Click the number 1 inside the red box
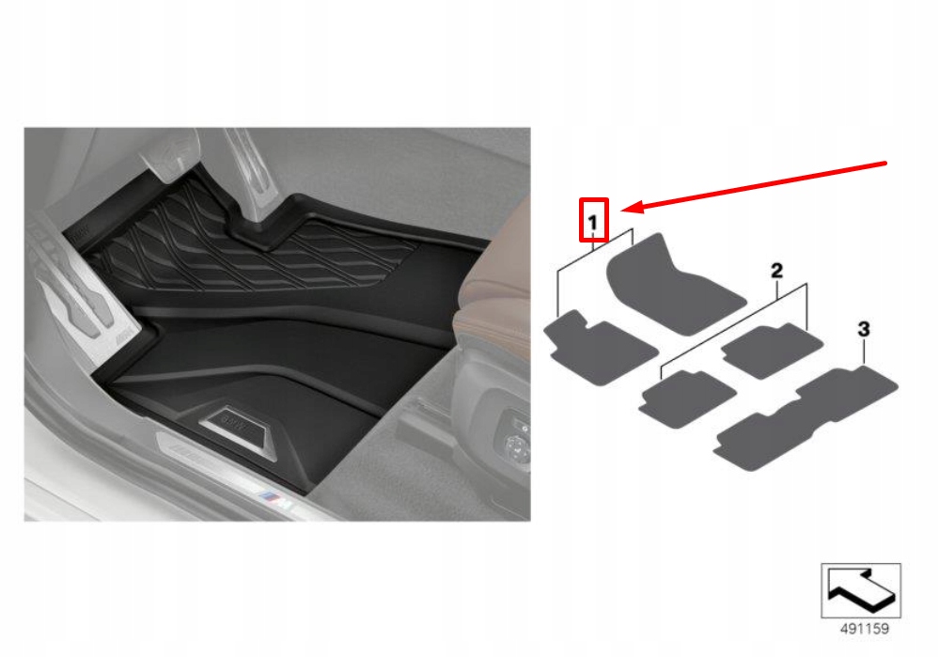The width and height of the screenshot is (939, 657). (593, 223)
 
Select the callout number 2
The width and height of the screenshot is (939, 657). (776, 271)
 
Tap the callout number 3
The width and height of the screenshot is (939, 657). (864, 329)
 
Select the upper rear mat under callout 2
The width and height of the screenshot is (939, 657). (772, 351)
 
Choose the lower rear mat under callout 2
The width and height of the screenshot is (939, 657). (687, 398)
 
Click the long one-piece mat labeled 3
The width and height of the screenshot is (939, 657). (806, 418)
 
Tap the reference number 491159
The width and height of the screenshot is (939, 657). (864, 629)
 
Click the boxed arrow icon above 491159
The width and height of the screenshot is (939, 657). (861, 590)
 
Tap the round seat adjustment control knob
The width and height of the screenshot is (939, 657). (516, 446)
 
